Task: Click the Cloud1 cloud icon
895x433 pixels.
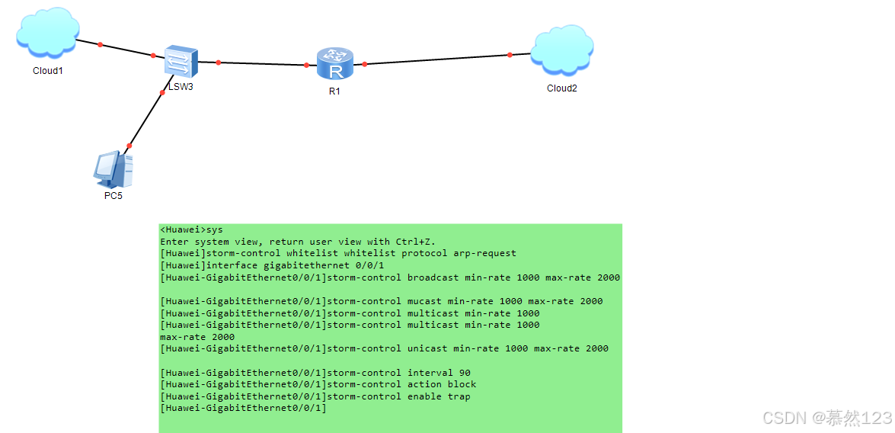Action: tap(48, 33)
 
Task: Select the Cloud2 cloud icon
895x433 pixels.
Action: tap(562, 51)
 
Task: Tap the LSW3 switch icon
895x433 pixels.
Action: tap(181, 61)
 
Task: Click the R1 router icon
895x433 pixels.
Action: tap(335, 63)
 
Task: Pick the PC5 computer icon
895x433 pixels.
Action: tap(113, 169)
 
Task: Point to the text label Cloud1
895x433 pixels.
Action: tap(48, 71)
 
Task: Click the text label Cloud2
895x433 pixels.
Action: tap(562, 88)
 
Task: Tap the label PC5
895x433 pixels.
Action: tap(113, 196)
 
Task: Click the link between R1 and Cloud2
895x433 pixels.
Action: tap(437, 59)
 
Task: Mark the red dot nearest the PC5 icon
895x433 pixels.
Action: tap(129, 146)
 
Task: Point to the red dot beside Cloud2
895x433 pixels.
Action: tap(510, 55)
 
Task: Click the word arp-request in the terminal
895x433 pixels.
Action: tap(484, 253)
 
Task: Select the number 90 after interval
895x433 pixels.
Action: tap(465, 373)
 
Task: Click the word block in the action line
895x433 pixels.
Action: tap(462, 384)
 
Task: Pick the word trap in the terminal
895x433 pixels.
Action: tap(459, 396)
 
